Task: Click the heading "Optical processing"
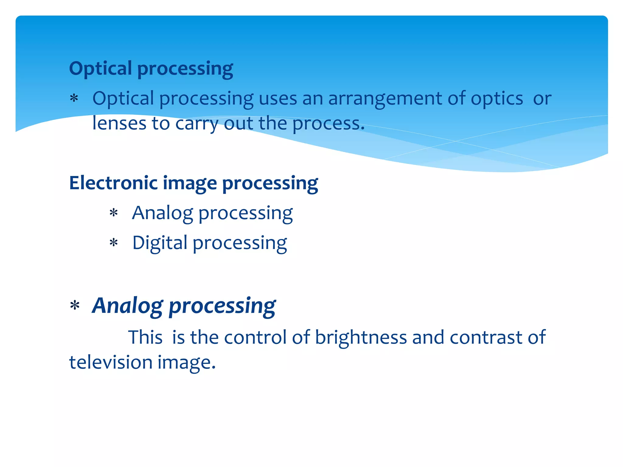[151, 68]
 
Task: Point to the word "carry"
[197, 124]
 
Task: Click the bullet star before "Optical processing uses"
[74, 99]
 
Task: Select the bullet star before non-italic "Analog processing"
[113, 213]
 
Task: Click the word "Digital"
[160, 243]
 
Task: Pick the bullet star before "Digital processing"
[113, 243]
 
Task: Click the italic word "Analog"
[127, 306]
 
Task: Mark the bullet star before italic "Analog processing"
[75, 306]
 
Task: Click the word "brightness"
[361, 337]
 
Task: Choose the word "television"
[111, 362]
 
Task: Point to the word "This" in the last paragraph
[145, 337]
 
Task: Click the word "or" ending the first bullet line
[542, 99]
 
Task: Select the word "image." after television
[186, 363]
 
